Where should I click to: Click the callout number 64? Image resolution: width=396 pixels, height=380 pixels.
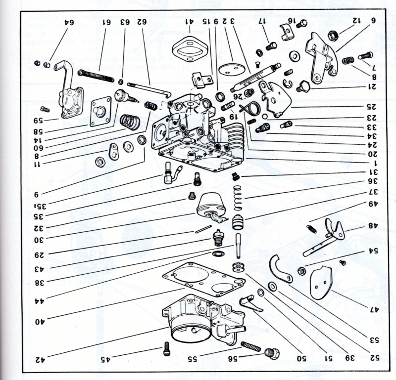[68, 22]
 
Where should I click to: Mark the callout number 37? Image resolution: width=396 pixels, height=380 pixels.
[371, 193]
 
